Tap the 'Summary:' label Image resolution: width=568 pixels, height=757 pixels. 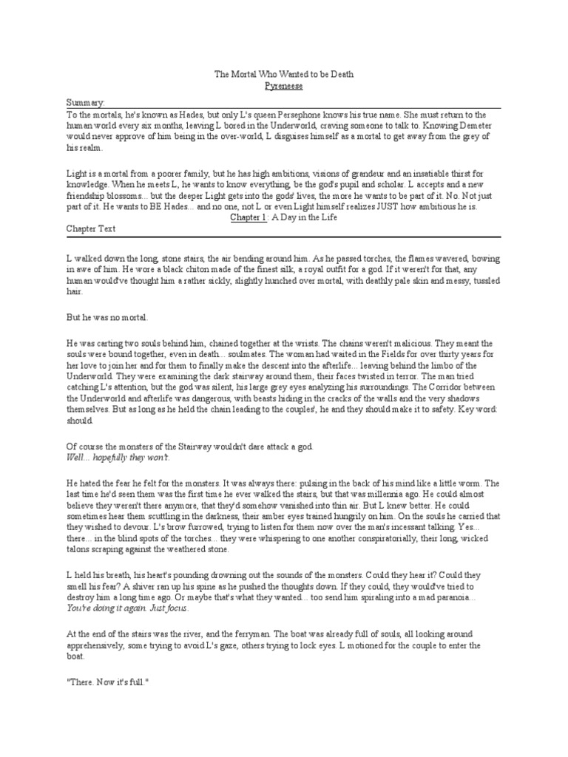coord(86,103)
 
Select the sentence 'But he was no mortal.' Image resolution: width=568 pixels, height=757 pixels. coord(107,317)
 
